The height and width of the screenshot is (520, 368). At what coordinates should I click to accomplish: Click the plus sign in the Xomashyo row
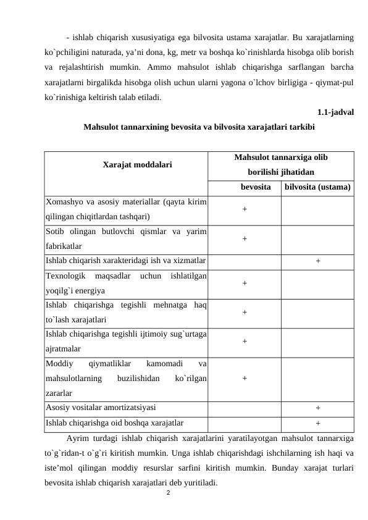click(245, 209)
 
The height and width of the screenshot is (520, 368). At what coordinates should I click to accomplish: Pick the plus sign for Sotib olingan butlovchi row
click(245, 238)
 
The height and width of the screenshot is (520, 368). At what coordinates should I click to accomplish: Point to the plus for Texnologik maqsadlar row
click(245, 282)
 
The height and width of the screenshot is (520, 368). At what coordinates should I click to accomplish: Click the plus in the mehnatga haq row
click(245, 312)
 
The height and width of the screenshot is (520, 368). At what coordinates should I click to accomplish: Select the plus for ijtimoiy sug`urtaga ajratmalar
click(245, 341)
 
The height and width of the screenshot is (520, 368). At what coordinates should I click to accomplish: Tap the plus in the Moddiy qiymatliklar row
click(245, 379)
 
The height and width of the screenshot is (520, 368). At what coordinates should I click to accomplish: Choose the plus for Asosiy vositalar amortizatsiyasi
click(317, 408)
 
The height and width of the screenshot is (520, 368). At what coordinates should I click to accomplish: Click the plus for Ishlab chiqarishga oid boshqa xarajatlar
click(317, 423)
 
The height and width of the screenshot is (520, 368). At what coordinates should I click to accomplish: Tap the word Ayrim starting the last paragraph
click(77, 438)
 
